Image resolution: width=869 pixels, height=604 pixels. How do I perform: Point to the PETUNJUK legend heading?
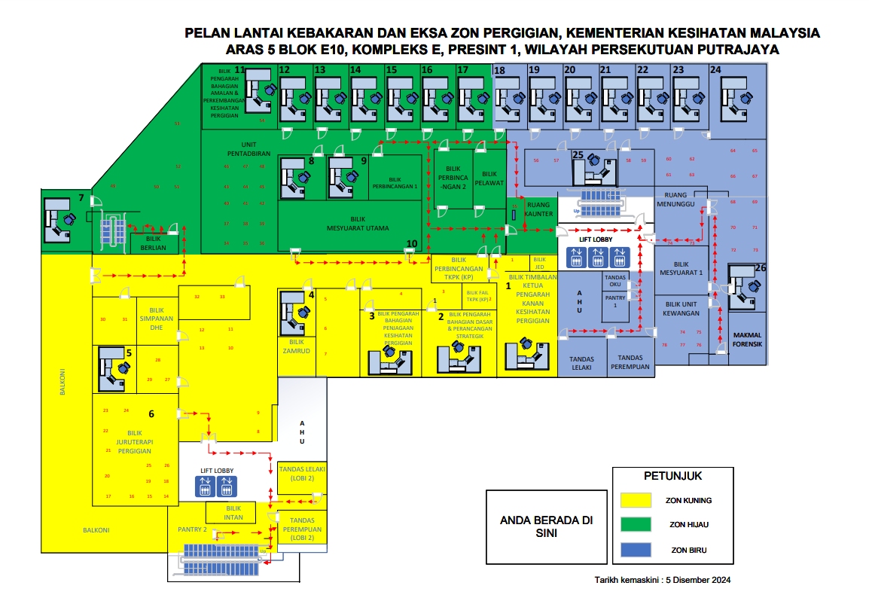point(672,476)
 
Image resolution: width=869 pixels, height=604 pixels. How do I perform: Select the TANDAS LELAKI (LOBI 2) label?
point(301,472)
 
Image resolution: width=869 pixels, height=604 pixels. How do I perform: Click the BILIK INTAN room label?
point(233,513)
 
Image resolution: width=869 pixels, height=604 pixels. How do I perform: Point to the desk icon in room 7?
point(59,218)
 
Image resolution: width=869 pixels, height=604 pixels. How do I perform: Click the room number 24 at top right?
point(715,70)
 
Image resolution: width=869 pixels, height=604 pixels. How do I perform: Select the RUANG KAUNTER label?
point(539,209)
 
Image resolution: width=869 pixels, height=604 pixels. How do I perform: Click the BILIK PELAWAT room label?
point(490,178)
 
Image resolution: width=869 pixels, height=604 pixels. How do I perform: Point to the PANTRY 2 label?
point(192,529)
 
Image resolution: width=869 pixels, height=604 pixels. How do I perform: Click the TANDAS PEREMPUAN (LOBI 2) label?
point(301,529)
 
